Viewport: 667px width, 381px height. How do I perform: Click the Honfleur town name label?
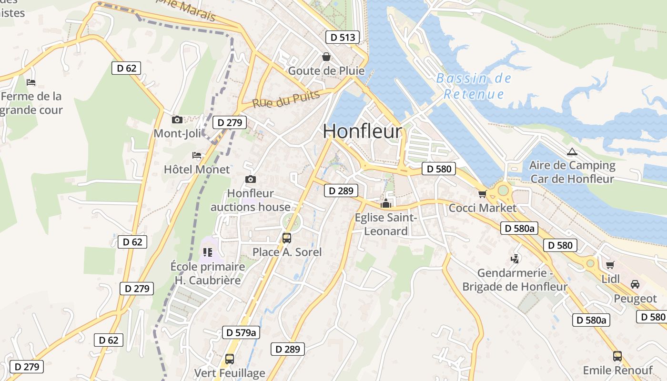pos(363,131)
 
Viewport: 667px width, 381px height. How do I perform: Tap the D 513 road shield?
pos(343,37)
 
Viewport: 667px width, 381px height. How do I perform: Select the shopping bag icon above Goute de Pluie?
pos(326,57)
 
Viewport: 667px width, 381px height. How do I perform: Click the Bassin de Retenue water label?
pos(474,86)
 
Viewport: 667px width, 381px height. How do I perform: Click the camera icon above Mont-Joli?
pos(177,120)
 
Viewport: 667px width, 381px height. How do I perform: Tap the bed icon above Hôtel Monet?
pos(197,155)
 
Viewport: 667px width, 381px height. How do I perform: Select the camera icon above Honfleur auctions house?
pos(251,180)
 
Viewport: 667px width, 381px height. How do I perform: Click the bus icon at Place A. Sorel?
pos(287,238)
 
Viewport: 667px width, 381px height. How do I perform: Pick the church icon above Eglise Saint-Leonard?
pos(386,204)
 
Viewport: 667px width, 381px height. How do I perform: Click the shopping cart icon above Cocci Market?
pos(482,194)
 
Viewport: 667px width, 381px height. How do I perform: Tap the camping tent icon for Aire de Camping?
pos(572,152)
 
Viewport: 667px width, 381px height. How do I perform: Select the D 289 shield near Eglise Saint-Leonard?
pos(341,191)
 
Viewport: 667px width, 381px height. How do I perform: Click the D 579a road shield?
pos(241,332)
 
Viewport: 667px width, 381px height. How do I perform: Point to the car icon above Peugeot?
pos(635,284)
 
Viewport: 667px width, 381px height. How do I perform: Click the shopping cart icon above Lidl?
pos(610,265)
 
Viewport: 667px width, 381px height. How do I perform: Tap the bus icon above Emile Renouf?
pos(617,356)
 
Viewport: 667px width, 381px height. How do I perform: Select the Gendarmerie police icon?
pos(515,259)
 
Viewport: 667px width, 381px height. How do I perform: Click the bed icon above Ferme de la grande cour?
pos(31,82)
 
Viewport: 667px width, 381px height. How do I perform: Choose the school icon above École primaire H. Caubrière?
pos(207,252)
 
